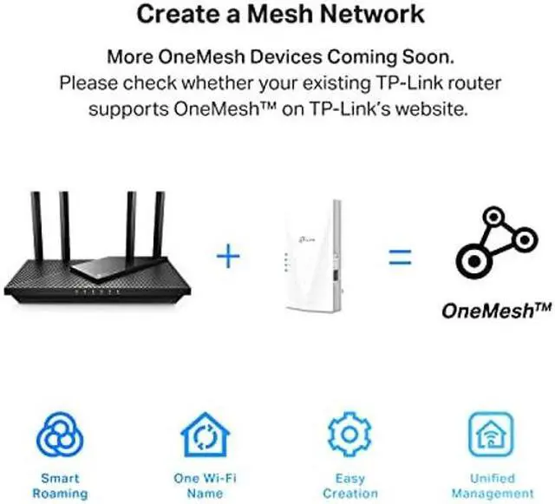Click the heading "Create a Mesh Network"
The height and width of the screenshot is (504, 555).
[280, 14]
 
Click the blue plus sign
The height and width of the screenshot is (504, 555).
[226, 257]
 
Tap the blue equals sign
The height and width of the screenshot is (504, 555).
[398, 257]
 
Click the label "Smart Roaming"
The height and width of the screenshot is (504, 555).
[60, 486]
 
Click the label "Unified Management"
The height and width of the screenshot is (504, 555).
[492, 486]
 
